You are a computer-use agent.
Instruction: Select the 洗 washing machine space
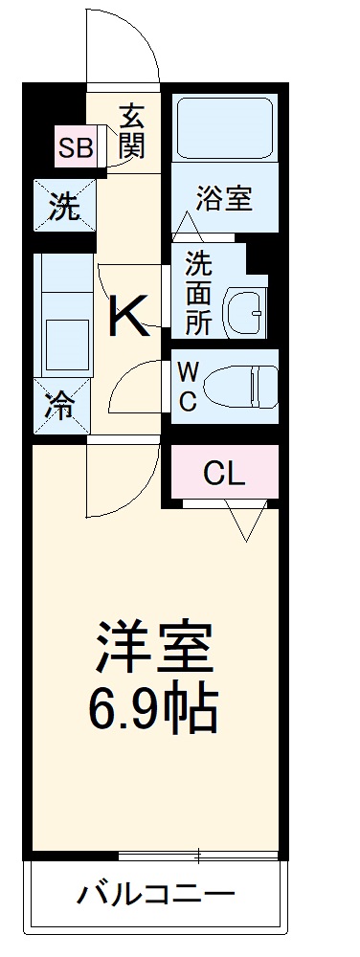click(x=64, y=206)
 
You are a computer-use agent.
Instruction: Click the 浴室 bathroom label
click(x=223, y=198)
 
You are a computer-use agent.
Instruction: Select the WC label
click(x=188, y=387)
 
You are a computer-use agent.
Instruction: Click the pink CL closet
click(x=225, y=473)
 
